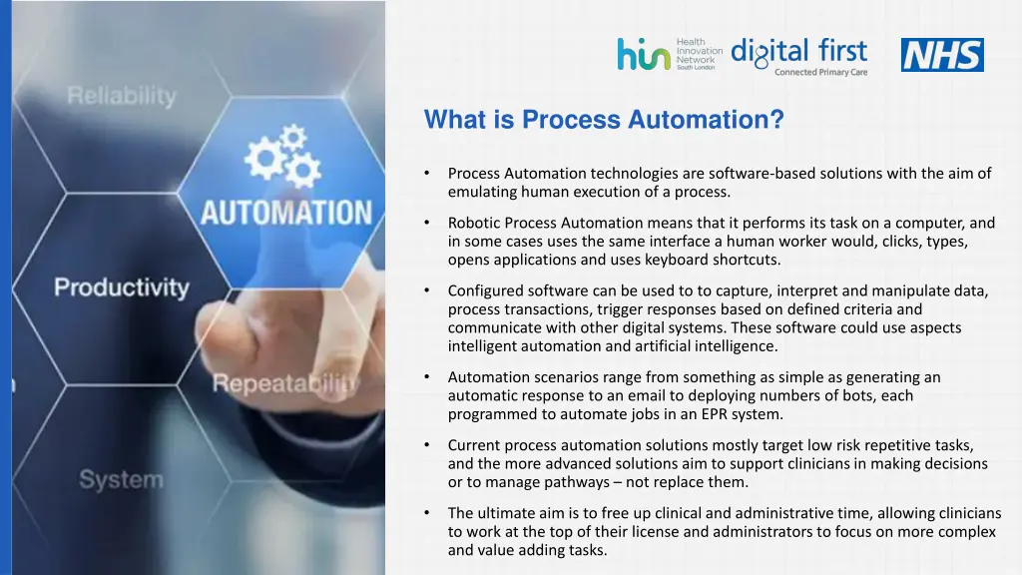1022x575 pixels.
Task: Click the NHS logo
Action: (942, 55)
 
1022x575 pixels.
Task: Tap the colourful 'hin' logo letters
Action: (643, 54)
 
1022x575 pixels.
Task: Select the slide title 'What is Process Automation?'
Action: (604, 120)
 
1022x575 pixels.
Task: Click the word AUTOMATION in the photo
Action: (286, 213)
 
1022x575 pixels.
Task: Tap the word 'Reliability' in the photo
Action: (121, 97)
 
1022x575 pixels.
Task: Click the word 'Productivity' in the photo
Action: (121, 288)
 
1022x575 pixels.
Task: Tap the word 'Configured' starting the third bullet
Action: (486, 290)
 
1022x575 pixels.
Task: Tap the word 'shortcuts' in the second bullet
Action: (747, 260)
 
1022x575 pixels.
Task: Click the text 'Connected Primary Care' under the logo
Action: (820, 72)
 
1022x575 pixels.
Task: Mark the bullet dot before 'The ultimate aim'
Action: (426, 513)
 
